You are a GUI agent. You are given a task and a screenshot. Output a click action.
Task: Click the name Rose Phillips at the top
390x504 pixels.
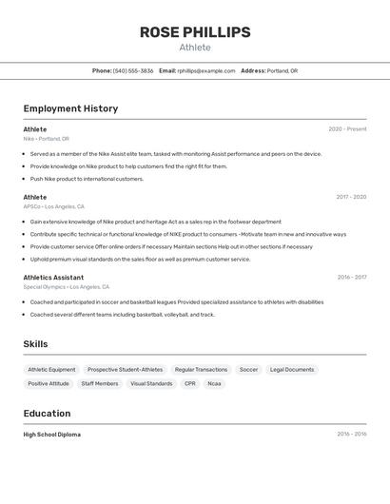tap(195, 32)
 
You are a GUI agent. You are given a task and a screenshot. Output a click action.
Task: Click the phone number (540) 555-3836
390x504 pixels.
tap(133, 70)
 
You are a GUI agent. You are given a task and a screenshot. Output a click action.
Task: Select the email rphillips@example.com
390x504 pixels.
tap(206, 70)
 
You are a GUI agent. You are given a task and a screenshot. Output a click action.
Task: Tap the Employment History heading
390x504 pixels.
tap(70, 108)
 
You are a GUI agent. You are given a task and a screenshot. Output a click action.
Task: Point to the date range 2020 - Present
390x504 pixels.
tap(347, 129)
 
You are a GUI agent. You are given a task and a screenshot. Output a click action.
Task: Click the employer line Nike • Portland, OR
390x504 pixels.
tap(46, 139)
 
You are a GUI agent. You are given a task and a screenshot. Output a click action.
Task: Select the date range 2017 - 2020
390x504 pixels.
tap(351, 197)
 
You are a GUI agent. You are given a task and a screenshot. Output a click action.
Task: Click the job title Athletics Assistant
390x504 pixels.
tap(53, 278)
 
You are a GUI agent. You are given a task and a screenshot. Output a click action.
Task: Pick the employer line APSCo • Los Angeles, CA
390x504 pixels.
tap(53, 206)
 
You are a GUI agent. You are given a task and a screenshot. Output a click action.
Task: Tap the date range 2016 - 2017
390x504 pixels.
tap(351, 278)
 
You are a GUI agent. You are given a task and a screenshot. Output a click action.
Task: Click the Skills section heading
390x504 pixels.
tap(35, 344)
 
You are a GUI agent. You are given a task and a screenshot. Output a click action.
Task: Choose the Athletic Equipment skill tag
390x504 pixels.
tap(51, 370)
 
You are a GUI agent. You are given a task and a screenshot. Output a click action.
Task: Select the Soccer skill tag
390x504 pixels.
tap(248, 370)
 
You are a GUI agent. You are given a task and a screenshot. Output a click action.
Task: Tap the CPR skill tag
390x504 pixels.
tap(190, 384)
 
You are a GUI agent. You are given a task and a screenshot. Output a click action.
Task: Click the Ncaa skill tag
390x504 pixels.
tap(215, 384)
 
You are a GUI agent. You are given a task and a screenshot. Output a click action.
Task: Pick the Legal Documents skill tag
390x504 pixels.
tap(292, 370)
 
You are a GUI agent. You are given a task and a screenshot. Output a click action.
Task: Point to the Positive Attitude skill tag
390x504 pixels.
tap(49, 384)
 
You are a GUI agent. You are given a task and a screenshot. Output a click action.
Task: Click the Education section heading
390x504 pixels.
tap(47, 414)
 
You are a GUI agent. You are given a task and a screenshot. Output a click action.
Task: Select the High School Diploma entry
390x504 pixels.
tap(52, 435)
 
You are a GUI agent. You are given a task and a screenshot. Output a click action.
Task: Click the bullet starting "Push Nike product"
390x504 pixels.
tap(87, 179)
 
